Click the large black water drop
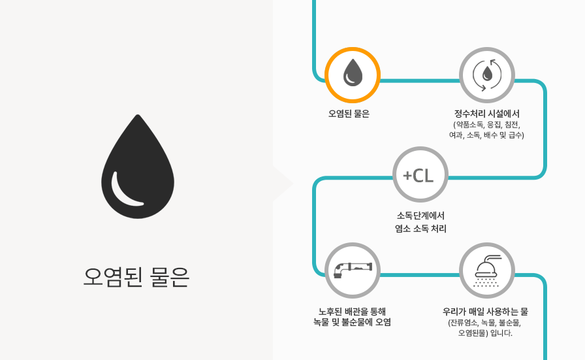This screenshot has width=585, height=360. (138, 167)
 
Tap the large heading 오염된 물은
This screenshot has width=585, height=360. (136, 277)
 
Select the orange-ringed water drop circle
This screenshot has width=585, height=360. (353, 75)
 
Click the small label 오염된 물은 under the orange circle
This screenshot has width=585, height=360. (349, 114)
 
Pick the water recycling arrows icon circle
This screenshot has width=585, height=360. (487, 75)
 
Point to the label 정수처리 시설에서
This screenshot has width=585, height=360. (487, 114)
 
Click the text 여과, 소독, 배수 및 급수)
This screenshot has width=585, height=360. (486, 135)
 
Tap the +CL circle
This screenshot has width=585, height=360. (420, 174)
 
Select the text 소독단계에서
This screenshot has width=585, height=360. (420, 216)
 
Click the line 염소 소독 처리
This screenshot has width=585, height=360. (420, 229)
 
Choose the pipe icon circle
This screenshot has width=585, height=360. (353, 270)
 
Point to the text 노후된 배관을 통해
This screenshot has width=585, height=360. (352, 312)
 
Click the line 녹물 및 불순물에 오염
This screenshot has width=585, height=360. (352, 322)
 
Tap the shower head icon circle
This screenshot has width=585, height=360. (487, 270)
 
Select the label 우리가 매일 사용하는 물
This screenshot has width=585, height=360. (485, 312)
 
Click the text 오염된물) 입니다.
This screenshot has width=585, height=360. (485, 333)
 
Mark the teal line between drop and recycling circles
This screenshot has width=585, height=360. (420, 80)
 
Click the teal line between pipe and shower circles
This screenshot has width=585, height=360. (420, 275)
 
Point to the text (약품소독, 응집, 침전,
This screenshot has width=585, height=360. (487, 124)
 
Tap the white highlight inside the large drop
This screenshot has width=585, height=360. (125, 191)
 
